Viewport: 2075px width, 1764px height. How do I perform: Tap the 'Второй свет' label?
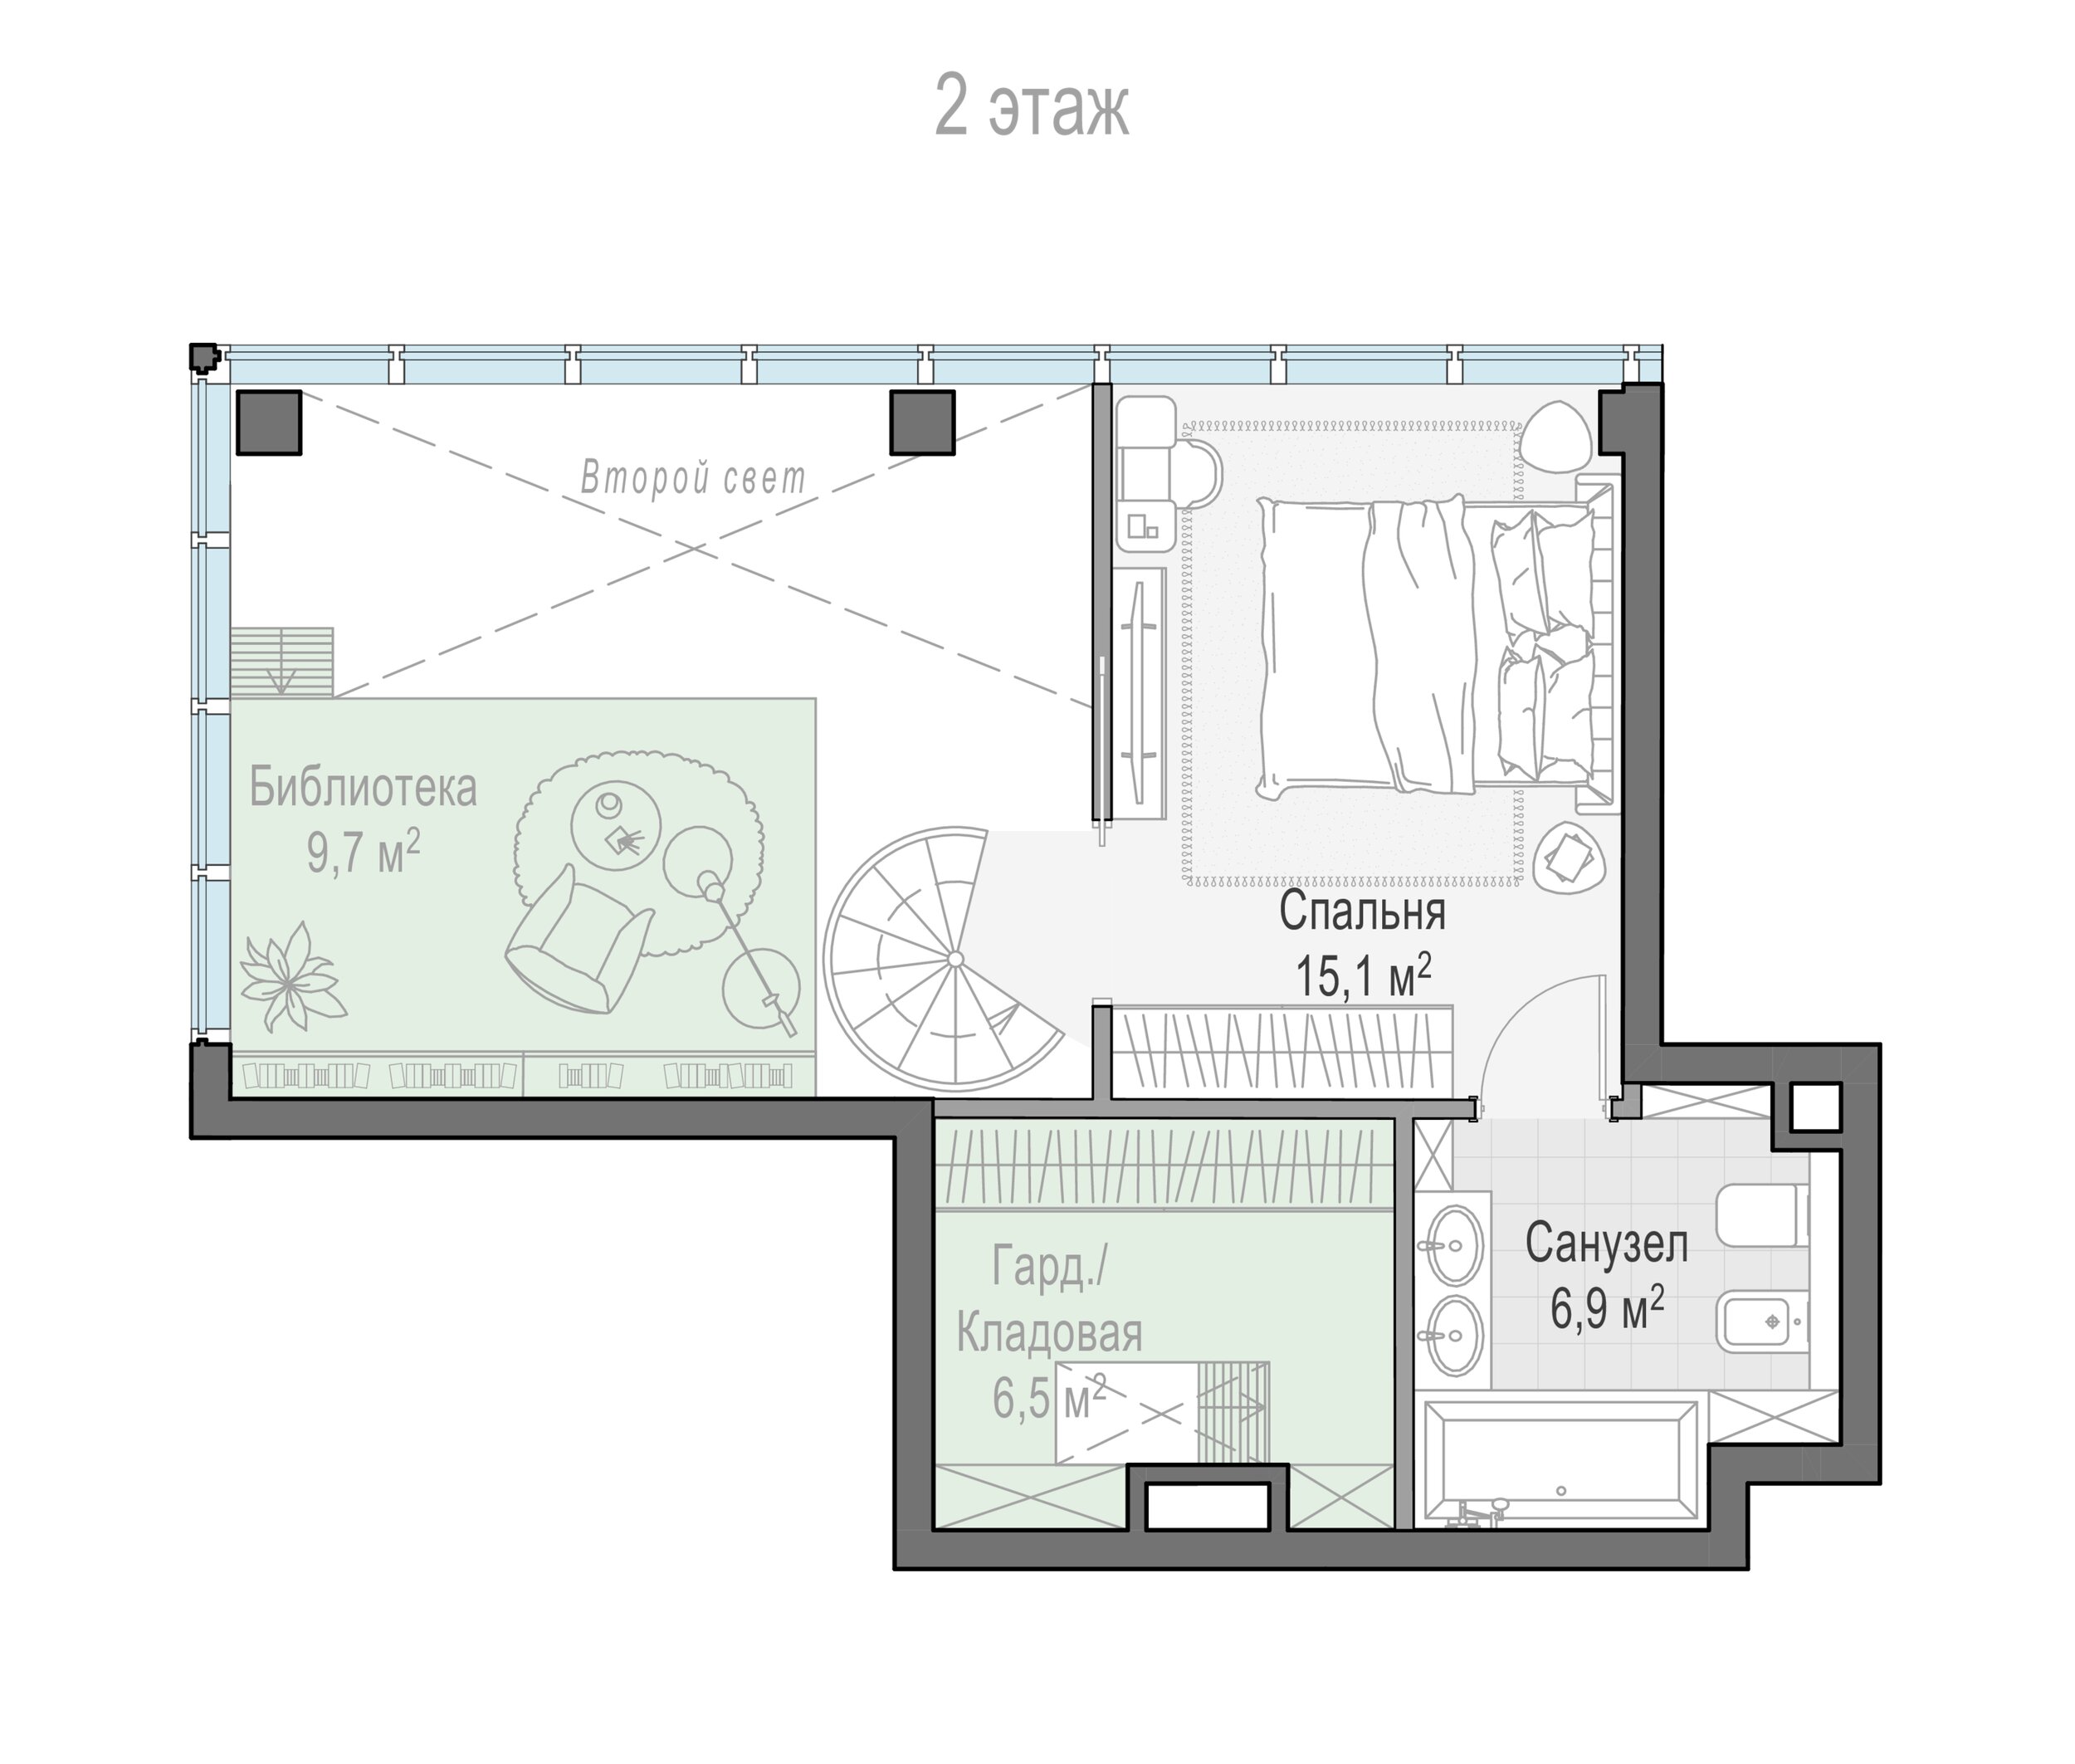click(693, 477)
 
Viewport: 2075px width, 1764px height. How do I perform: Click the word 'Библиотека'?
click(363, 786)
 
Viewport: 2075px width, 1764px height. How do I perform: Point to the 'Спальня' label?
click(1362, 912)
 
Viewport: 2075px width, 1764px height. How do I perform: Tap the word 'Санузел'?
click(1606, 1244)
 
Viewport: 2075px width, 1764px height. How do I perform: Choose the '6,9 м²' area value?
click(1607, 1308)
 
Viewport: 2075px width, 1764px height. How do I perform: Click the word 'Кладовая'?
click(1049, 1333)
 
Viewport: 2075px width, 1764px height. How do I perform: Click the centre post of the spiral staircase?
click(955, 959)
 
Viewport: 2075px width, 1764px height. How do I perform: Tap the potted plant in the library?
click(289, 977)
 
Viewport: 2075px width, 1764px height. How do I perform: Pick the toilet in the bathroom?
click(1762, 1215)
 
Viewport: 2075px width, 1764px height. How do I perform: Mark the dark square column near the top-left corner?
click(268, 422)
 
